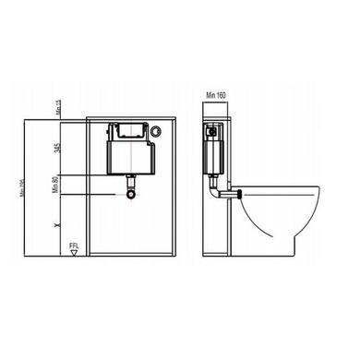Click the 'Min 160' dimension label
pyautogui.click(x=217, y=91)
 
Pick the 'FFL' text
pyautogui.click(x=73, y=246)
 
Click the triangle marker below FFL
pyautogui.click(x=73, y=256)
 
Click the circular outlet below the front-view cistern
pyautogui.click(x=131, y=195)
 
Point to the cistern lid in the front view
pyautogui.click(x=128, y=130)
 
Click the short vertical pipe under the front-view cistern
pyautogui.click(x=131, y=184)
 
